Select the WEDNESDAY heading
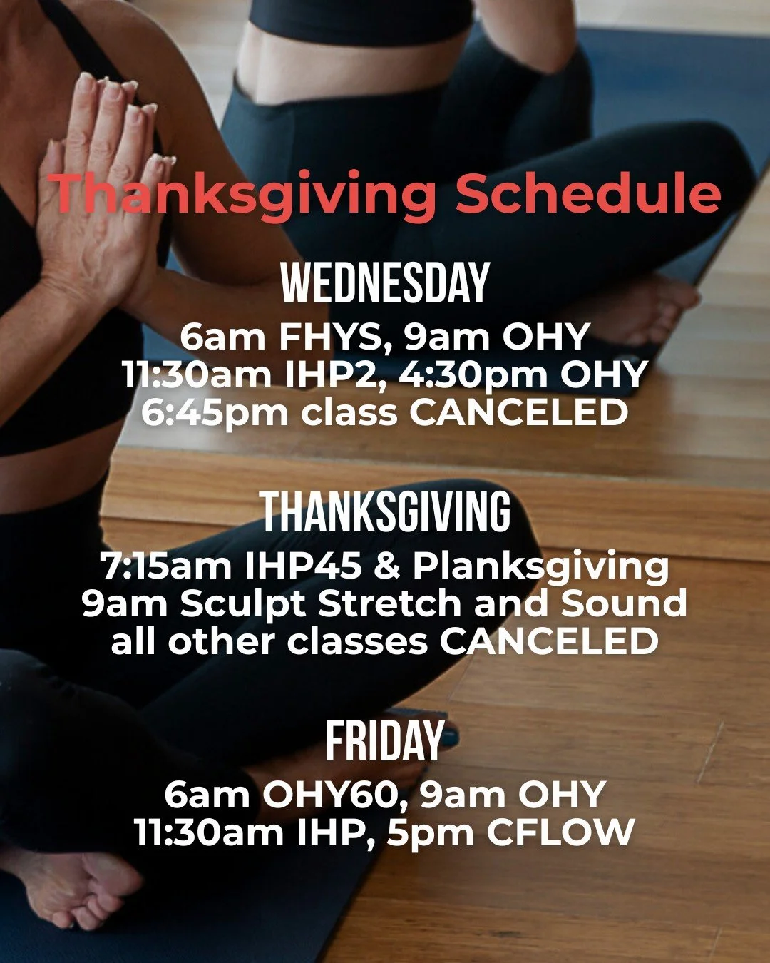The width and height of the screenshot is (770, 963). coord(385,283)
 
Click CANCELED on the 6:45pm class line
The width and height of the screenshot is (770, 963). coord(518,413)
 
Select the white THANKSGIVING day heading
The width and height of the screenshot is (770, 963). coord(385,512)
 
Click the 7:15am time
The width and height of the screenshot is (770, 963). coord(166,566)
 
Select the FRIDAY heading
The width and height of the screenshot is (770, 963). coord(385,741)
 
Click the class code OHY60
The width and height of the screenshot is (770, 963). coord(334,795)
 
